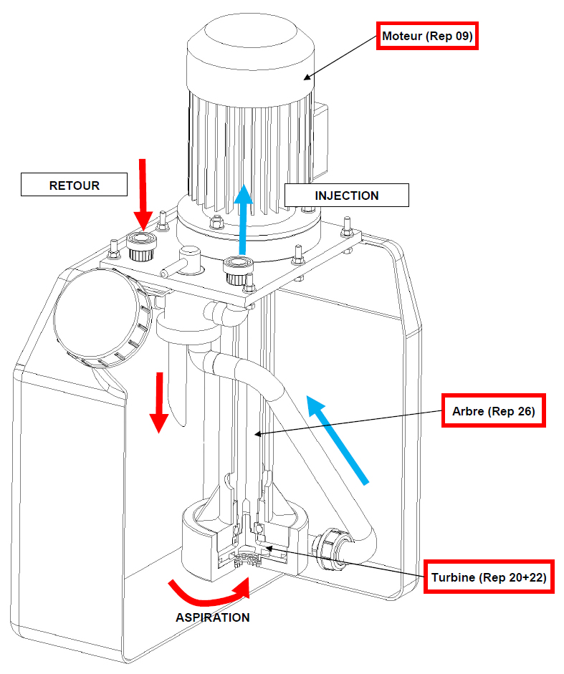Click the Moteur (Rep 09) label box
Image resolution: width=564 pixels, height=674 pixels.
tap(427, 36)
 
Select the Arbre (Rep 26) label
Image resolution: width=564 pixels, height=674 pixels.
tap(494, 410)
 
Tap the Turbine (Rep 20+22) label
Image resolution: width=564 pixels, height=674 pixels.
tap(489, 577)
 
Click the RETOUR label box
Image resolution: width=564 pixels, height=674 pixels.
tap(74, 185)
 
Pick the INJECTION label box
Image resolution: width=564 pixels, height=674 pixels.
tap(347, 196)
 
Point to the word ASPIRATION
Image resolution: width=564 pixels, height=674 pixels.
tap(213, 617)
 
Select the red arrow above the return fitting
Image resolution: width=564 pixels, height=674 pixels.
tap(143, 193)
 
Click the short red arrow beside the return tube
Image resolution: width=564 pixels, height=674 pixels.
tap(159, 402)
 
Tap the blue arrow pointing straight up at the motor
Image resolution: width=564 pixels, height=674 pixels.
tap(244, 219)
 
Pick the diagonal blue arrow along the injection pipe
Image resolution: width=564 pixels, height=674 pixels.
tap(338, 439)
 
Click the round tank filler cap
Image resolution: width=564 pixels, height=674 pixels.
tap(102, 317)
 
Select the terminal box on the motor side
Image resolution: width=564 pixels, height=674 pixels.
tap(320, 140)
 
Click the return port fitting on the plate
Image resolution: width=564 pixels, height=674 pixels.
tap(141, 246)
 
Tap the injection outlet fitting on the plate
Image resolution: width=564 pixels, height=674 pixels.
tap(238, 270)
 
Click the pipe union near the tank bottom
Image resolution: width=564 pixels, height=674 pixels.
tap(330, 549)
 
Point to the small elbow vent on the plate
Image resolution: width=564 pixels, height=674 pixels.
tap(184, 261)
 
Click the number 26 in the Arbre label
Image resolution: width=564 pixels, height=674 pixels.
tap(526, 411)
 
